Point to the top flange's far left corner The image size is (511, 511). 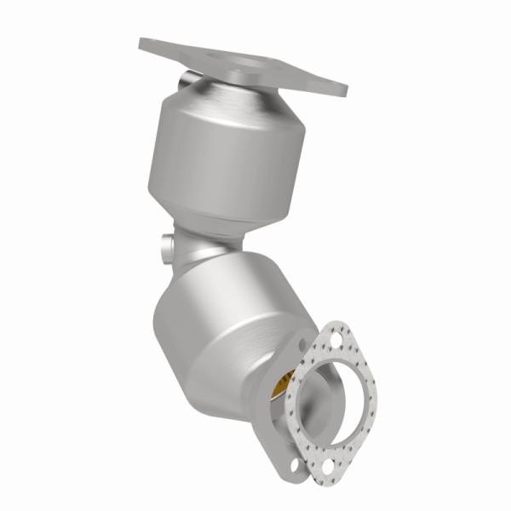(x=141, y=41)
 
